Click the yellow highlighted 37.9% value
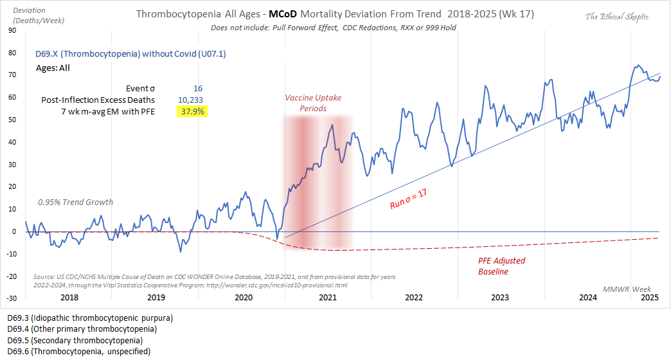192,111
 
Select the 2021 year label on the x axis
327,298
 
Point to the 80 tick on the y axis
12,52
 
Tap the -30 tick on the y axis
11,299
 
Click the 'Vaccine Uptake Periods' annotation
314,103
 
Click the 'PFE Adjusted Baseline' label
501,265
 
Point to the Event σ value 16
198,88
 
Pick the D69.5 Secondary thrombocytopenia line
75,340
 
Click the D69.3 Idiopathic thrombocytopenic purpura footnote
90,318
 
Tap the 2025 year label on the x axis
650,298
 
